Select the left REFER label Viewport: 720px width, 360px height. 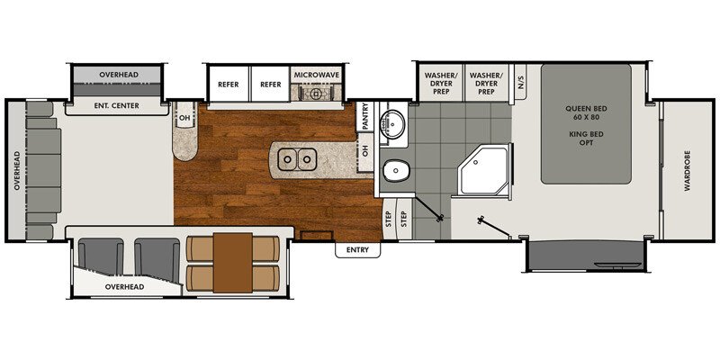pos(229,83)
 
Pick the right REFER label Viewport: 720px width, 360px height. pos(270,83)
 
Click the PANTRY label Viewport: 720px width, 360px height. pos(365,117)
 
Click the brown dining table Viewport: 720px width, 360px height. pos(233,262)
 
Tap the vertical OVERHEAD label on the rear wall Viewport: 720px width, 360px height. pos(16,171)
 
